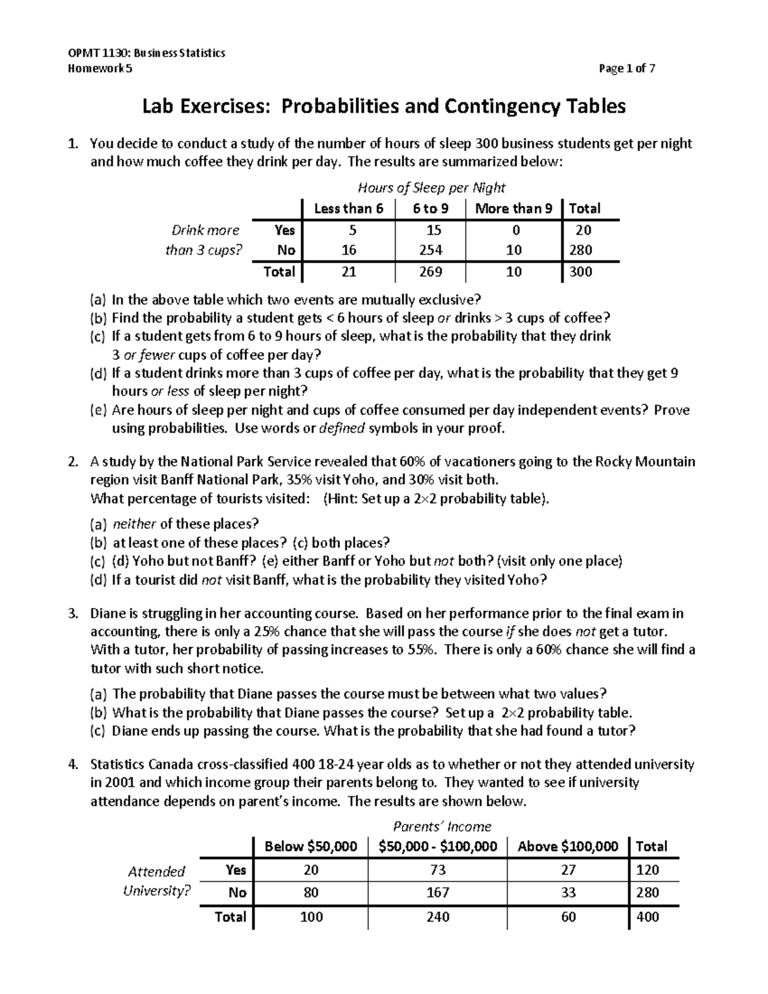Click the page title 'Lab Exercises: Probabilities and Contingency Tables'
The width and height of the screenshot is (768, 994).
383,106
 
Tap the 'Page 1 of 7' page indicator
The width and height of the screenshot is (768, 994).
627,69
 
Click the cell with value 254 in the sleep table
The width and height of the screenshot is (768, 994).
431,250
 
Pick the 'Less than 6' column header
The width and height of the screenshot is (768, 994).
348,209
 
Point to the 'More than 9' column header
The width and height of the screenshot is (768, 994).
513,209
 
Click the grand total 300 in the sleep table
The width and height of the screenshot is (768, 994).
580,272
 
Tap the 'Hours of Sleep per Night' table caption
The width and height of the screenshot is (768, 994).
431,188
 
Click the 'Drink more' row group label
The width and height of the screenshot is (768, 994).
205,230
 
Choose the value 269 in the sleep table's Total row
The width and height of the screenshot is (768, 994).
431,272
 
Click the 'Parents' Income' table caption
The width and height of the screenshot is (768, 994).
442,826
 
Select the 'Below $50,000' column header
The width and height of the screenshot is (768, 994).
311,847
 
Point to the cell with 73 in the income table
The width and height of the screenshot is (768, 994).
438,870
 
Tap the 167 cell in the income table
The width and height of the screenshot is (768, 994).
438,892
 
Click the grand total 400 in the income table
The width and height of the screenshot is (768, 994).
647,917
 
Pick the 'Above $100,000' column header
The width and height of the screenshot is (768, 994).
568,847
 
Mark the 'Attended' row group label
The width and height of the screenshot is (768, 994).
156,871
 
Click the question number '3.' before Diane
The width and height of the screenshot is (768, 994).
73,614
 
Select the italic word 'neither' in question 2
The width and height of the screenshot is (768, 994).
134,524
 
